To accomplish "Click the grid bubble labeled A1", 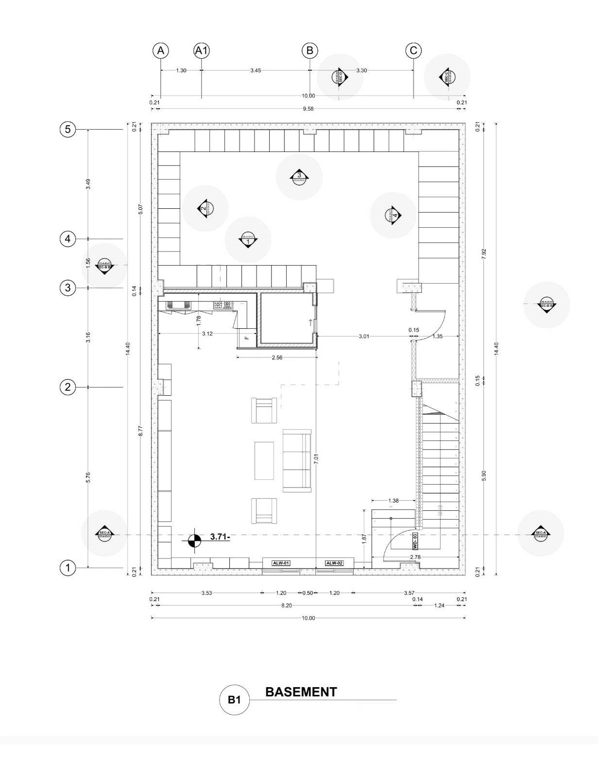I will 202,50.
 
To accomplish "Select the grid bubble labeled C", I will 413,50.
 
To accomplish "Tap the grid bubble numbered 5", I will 68,130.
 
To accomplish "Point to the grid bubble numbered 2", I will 68,387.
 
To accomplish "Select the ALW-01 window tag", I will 281,563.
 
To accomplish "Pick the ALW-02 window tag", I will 334,563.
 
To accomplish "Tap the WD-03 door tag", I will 415,540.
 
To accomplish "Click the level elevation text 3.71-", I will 220,537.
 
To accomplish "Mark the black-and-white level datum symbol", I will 194,540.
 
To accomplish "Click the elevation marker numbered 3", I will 299,177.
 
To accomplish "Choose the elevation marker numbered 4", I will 393,215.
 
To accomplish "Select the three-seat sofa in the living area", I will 297,461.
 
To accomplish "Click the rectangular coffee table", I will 264,460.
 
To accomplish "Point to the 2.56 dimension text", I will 277,357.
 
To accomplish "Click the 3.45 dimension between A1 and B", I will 256,70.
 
